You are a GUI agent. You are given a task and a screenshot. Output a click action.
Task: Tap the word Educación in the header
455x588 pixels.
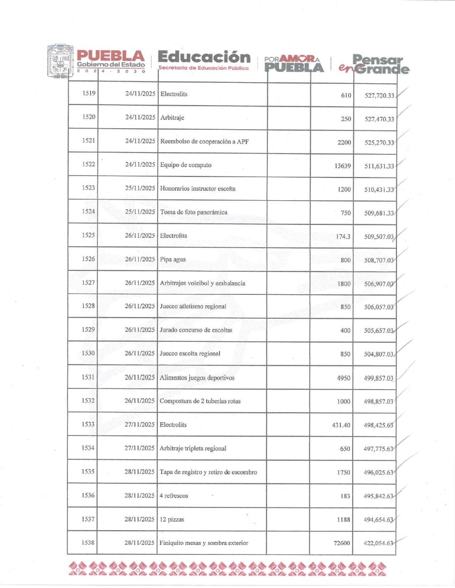click(204, 57)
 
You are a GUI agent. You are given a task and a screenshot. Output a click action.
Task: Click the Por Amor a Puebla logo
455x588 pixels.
click(294, 63)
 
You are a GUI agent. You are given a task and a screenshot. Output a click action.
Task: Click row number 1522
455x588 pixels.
click(88, 164)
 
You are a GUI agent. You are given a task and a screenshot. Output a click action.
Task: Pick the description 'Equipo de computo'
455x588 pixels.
click(186, 165)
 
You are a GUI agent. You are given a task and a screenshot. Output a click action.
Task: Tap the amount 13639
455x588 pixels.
click(343, 166)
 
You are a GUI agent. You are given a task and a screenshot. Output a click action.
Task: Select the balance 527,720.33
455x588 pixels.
click(379, 95)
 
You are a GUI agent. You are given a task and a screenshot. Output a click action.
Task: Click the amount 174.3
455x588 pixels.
click(343, 236)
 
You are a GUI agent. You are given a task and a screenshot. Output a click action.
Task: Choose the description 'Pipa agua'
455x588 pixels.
click(173, 259)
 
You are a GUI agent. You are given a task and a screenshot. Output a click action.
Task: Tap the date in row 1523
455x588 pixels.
click(140, 188)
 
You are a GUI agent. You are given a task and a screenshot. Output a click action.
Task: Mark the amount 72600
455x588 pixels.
click(342, 543)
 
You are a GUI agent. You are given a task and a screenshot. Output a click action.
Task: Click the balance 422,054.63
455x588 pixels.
click(378, 543)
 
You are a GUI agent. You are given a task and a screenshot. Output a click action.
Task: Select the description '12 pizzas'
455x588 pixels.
click(172, 519)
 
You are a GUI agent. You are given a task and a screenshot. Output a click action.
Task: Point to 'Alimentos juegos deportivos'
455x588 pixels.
click(197, 378)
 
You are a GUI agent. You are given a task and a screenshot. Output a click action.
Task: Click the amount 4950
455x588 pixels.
click(344, 378)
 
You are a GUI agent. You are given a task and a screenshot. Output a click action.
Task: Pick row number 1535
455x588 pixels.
click(88, 472)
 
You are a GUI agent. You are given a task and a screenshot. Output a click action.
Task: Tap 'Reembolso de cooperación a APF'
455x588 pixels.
click(204, 141)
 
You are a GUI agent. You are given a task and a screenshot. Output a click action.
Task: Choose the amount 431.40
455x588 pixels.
click(341, 425)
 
